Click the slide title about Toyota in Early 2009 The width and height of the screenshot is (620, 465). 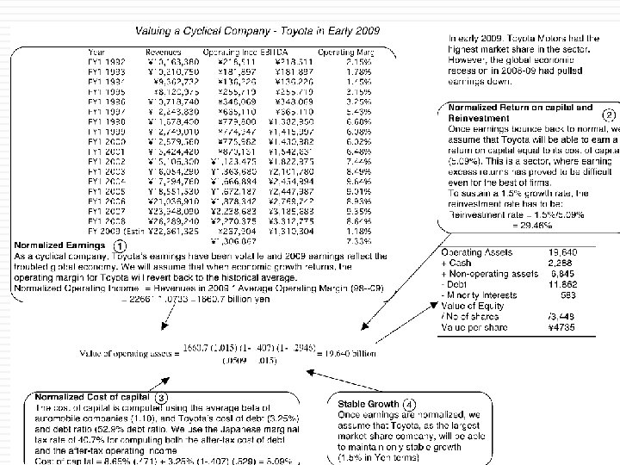click(x=236, y=32)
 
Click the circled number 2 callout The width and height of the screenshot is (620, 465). click(x=608, y=115)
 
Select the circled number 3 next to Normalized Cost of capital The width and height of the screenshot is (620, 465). click(x=162, y=395)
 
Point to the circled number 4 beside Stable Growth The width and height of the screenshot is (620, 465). click(x=408, y=403)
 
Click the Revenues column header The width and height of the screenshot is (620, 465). click(x=159, y=52)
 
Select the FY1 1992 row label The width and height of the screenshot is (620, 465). click(x=108, y=61)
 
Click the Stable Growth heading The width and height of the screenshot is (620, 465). click(x=368, y=403)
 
